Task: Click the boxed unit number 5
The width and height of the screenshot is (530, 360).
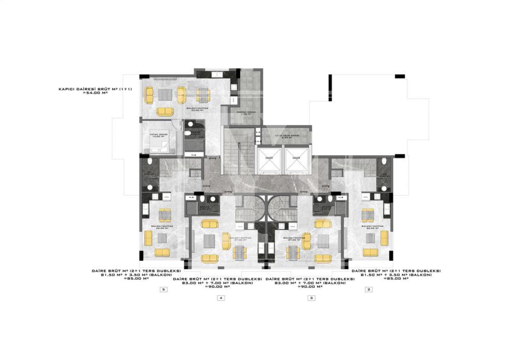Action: (163, 290)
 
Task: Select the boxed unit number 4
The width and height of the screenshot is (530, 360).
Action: (220, 298)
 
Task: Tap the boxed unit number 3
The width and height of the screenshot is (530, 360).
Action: (311, 298)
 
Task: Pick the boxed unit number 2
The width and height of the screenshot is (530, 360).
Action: (369, 290)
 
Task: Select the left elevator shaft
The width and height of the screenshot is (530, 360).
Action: (269, 160)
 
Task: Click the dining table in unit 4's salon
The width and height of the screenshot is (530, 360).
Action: (239, 252)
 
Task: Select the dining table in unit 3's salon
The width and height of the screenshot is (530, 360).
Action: (293, 252)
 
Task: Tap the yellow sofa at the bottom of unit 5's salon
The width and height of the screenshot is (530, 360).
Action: (162, 252)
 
